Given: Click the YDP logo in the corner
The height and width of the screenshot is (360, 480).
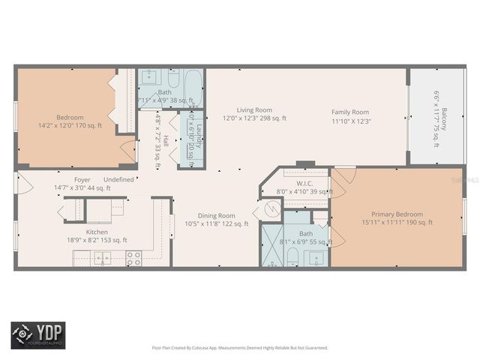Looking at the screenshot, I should coord(37,334).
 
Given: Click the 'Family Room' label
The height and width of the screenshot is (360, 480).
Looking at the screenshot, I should coord(351,112).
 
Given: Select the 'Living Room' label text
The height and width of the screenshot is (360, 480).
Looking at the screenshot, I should coord(254,109).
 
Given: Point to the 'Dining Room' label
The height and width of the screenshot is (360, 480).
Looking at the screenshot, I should coord(217,215).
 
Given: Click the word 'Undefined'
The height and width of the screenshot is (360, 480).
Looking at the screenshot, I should coord(119,179).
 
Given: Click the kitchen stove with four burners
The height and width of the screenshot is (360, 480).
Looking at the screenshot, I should coord(134,258).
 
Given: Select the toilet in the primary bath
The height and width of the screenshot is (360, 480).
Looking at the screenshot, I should coord(293,257).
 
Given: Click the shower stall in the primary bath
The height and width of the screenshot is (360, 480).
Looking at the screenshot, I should coord(270,245).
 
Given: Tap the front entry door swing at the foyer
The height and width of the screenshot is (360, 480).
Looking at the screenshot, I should coord(24,184).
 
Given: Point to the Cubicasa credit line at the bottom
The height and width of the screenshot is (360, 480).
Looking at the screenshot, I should coord(240,348).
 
